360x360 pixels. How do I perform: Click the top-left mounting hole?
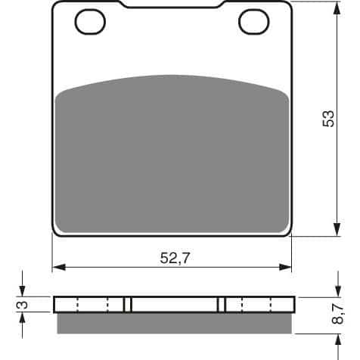(90, 23)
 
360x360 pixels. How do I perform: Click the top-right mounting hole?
(253, 23)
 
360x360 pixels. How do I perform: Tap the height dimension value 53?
(327, 119)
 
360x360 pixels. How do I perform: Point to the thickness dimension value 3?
(23, 305)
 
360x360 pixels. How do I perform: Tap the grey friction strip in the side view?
(172, 323)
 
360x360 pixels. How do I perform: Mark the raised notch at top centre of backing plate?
(172, 6)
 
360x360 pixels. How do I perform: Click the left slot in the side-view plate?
(128, 304)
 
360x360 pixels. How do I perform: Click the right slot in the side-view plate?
(222, 304)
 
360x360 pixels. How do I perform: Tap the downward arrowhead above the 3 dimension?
(23, 292)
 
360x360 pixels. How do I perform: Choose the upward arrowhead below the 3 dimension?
(23, 318)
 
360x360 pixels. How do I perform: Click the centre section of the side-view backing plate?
(175, 304)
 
